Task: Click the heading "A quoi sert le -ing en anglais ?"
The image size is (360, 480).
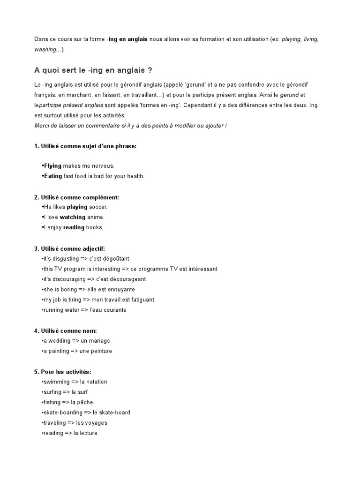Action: click(93, 70)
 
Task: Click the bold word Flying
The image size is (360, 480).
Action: click(52, 166)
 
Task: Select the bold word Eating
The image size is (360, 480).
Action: click(52, 176)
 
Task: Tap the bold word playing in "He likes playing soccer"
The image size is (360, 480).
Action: click(77, 207)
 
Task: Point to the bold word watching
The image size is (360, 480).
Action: click(72, 217)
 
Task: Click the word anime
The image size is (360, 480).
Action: click(96, 217)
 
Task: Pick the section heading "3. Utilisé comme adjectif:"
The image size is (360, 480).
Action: click(69, 248)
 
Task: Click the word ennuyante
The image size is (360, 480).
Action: click(120, 290)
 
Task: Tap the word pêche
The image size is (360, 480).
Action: click(85, 402)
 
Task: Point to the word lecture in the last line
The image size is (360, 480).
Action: click(88, 433)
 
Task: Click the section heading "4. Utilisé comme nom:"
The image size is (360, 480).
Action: click(65, 331)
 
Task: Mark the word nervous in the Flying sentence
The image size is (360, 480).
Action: click(102, 166)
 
